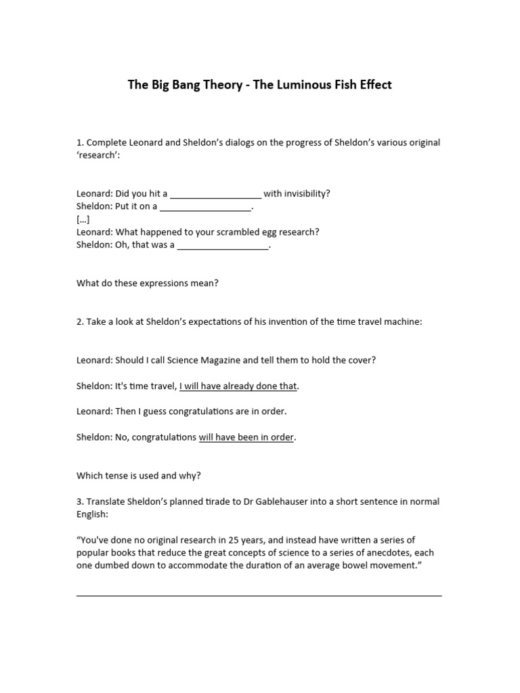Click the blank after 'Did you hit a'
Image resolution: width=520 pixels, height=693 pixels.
[215, 194]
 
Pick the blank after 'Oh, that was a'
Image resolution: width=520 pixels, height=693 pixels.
[223, 246]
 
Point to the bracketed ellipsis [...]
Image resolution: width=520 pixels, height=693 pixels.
[83, 219]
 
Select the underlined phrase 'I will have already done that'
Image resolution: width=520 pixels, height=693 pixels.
[238, 386]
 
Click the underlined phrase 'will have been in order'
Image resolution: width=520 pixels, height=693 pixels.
[246, 437]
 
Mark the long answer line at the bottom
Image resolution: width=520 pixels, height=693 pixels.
[259, 595]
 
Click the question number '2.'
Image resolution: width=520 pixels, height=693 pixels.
[81, 322]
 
